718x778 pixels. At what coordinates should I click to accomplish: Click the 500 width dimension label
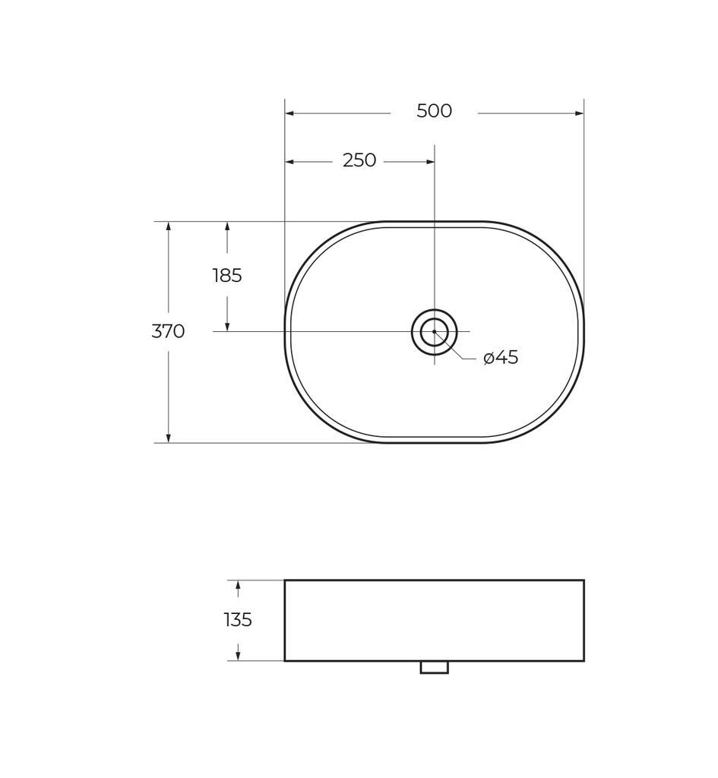(x=434, y=111)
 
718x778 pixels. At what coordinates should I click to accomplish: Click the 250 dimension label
(x=359, y=160)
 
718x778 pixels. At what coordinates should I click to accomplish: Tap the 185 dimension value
(x=227, y=275)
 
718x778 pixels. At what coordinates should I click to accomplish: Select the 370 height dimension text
(x=168, y=331)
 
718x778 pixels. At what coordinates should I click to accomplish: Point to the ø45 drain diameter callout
(x=501, y=357)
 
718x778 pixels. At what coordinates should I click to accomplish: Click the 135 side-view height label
(x=238, y=620)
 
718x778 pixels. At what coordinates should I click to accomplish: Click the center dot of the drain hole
(x=434, y=331)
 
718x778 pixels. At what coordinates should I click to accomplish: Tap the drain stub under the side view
(x=434, y=667)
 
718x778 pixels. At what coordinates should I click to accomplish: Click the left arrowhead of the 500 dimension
(x=289, y=113)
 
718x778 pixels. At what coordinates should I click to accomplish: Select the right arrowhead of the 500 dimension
(x=578, y=113)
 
